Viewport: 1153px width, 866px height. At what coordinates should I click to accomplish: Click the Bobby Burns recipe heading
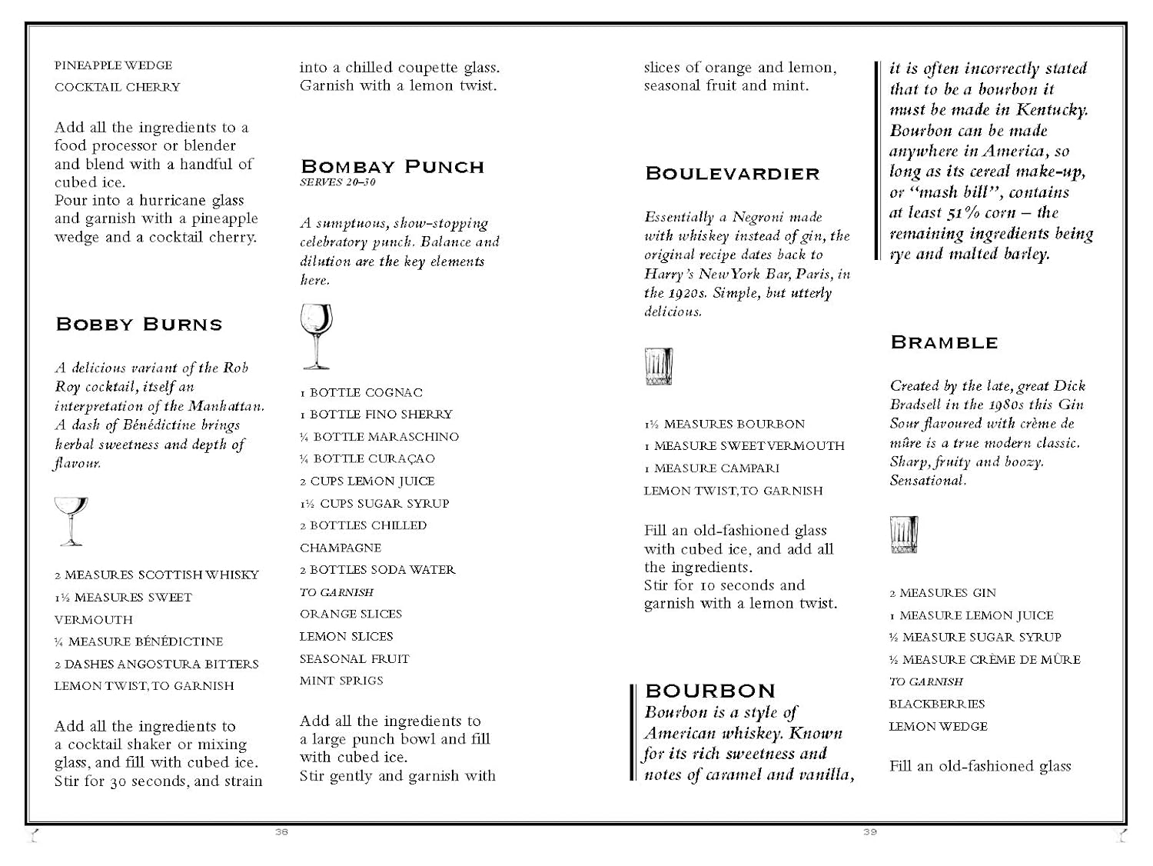tap(139, 325)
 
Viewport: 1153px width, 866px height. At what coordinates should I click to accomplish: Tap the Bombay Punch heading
tap(392, 167)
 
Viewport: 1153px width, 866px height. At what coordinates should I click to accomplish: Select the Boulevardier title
tap(733, 174)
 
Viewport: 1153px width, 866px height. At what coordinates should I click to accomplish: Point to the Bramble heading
tap(944, 342)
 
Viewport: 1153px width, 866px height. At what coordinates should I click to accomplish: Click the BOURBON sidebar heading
tap(710, 691)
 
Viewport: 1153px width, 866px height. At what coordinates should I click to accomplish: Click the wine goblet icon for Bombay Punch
tap(316, 335)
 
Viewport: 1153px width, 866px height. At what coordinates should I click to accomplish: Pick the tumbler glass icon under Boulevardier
tap(659, 367)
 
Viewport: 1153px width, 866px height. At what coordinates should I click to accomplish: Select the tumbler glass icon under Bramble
tap(904, 535)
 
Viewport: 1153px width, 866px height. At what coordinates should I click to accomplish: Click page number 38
tap(281, 832)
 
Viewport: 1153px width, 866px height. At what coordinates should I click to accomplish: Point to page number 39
tap(869, 832)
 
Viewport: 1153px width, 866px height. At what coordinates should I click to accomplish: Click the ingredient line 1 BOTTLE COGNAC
tap(361, 392)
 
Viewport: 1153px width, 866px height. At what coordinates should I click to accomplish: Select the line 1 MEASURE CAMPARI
tap(712, 468)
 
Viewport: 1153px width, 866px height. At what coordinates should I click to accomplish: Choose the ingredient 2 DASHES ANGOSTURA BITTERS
tap(156, 664)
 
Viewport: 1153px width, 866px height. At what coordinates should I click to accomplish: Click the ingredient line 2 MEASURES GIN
tap(942, 593)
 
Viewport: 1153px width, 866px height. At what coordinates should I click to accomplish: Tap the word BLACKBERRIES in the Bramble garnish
tap(937, 704)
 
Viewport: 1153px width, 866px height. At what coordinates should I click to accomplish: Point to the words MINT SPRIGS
tap(341, 681)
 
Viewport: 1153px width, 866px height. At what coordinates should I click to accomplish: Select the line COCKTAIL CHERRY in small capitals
tap(117, 87)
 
